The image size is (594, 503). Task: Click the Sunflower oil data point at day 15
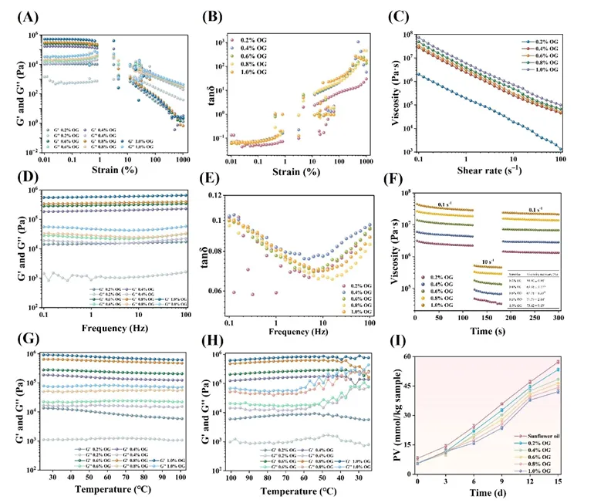(x=579, y=362)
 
